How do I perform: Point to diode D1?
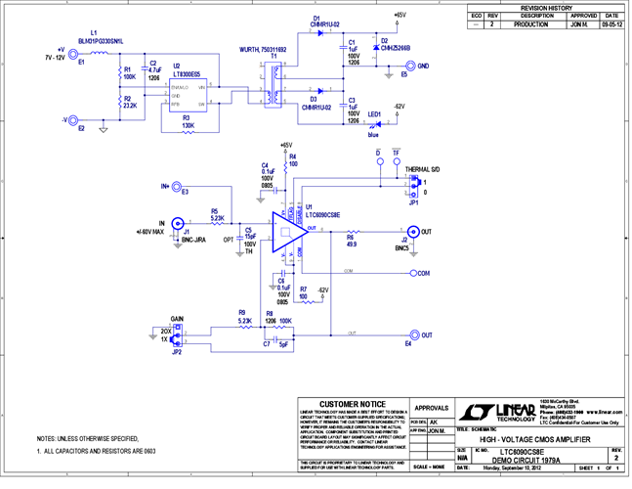click(x=318, y=32)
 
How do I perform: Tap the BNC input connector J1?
click(x=177, y=233)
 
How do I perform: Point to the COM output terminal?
click(x=412, y=273)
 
